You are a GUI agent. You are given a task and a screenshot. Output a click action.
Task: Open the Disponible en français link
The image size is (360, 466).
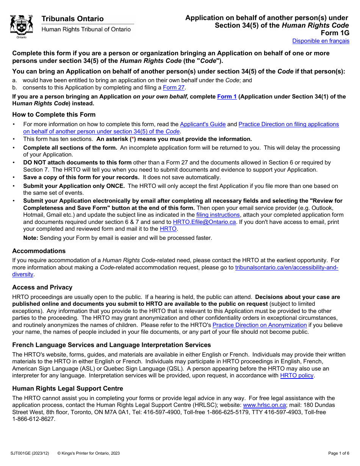coord(321,41)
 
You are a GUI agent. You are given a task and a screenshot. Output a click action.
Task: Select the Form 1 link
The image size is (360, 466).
coord(227,97)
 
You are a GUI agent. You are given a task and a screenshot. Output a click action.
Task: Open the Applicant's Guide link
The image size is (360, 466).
coord(203,124)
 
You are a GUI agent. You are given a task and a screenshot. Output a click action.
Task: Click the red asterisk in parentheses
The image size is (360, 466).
coord(133,139)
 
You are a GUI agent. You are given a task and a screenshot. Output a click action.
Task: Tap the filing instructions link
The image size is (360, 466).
coord(218,215)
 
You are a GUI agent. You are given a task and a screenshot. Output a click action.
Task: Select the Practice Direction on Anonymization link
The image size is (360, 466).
coord(260,325)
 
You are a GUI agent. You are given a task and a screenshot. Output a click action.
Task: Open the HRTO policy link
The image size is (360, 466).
coord(297,375)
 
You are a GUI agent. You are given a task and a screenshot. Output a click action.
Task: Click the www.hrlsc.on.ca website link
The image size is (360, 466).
coord(265,405)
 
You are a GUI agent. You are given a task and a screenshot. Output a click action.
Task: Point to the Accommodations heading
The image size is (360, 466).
coord(39,251)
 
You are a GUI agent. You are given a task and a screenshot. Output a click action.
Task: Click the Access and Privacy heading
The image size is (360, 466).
coord(42,287)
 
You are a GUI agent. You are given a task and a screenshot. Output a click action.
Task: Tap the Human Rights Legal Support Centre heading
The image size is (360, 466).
coord(67,388)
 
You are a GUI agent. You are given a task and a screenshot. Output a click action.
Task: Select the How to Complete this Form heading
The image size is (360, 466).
coord(54,114)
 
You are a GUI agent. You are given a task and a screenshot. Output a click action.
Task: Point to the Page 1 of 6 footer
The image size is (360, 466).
coord(338,453)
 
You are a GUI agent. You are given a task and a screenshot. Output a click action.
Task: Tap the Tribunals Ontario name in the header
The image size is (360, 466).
coord(72,19)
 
